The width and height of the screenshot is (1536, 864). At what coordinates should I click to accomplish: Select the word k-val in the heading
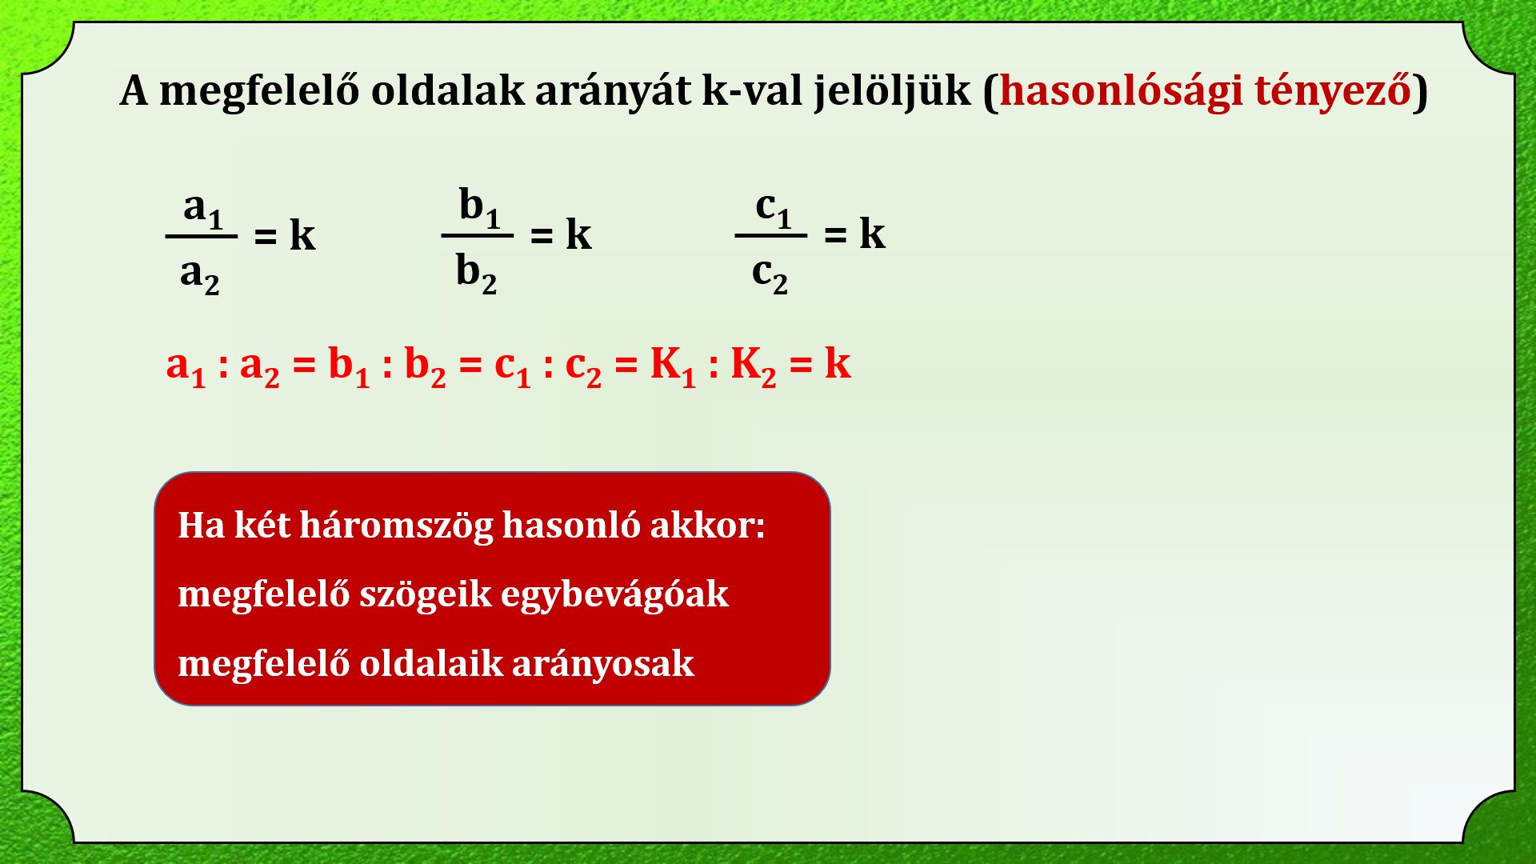753,90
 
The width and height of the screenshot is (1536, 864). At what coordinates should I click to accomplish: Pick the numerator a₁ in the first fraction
203,208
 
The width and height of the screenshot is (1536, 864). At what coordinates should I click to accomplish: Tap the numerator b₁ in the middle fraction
479,207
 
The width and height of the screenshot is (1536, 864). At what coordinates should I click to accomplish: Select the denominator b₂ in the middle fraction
476,274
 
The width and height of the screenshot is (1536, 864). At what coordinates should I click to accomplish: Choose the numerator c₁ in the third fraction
773,208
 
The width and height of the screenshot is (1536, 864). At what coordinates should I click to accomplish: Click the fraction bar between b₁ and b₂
478,236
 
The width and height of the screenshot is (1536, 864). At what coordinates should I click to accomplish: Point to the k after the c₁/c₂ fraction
872,234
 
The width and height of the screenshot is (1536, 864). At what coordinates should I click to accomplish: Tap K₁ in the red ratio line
673,366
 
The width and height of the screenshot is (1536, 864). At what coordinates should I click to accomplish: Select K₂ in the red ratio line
754,366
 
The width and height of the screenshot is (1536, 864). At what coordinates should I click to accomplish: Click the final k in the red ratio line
838,363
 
